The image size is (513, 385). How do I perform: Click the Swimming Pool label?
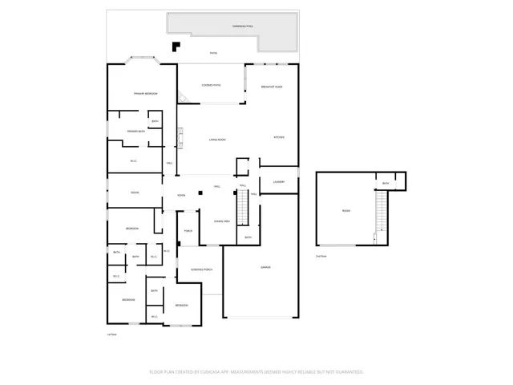[x=243, y=26]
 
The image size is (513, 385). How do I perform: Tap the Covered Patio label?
[x=212, y=84]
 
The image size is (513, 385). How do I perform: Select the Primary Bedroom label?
[x=145, y=94]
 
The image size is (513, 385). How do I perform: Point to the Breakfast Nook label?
[x=272, y=86]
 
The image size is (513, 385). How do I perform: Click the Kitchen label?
[x=280, y=136]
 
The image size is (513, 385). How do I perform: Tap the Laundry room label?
[x=279, y=182]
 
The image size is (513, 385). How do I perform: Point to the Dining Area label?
[x=223, y=221]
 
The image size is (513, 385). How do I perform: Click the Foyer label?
[x=182, y=195]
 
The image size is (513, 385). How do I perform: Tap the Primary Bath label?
[x=136, y=131]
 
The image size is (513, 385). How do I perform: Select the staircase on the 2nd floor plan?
[x=381, y=213]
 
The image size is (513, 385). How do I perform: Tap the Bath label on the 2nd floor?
[x=386, y=184]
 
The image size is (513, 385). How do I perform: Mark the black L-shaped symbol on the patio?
[x=175, y=45]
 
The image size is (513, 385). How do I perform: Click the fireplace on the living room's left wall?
[x=180, y=140]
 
